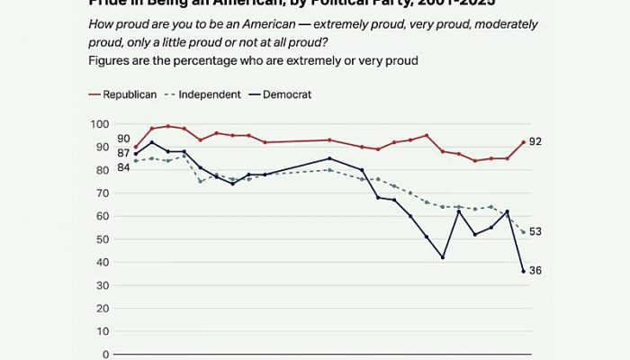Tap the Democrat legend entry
coord(286,94)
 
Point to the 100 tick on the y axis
coord(99,123)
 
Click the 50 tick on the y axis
coord(103,239)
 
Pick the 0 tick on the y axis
coord(105,355)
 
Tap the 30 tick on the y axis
coord(103,285)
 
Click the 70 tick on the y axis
coord(103,193)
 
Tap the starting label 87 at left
coord(123,154)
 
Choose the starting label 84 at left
coord(123,167)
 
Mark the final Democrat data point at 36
coord(524,271)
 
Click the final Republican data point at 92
coord(524,142)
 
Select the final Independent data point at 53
coord(524,232)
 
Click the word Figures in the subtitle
coord(111,60)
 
